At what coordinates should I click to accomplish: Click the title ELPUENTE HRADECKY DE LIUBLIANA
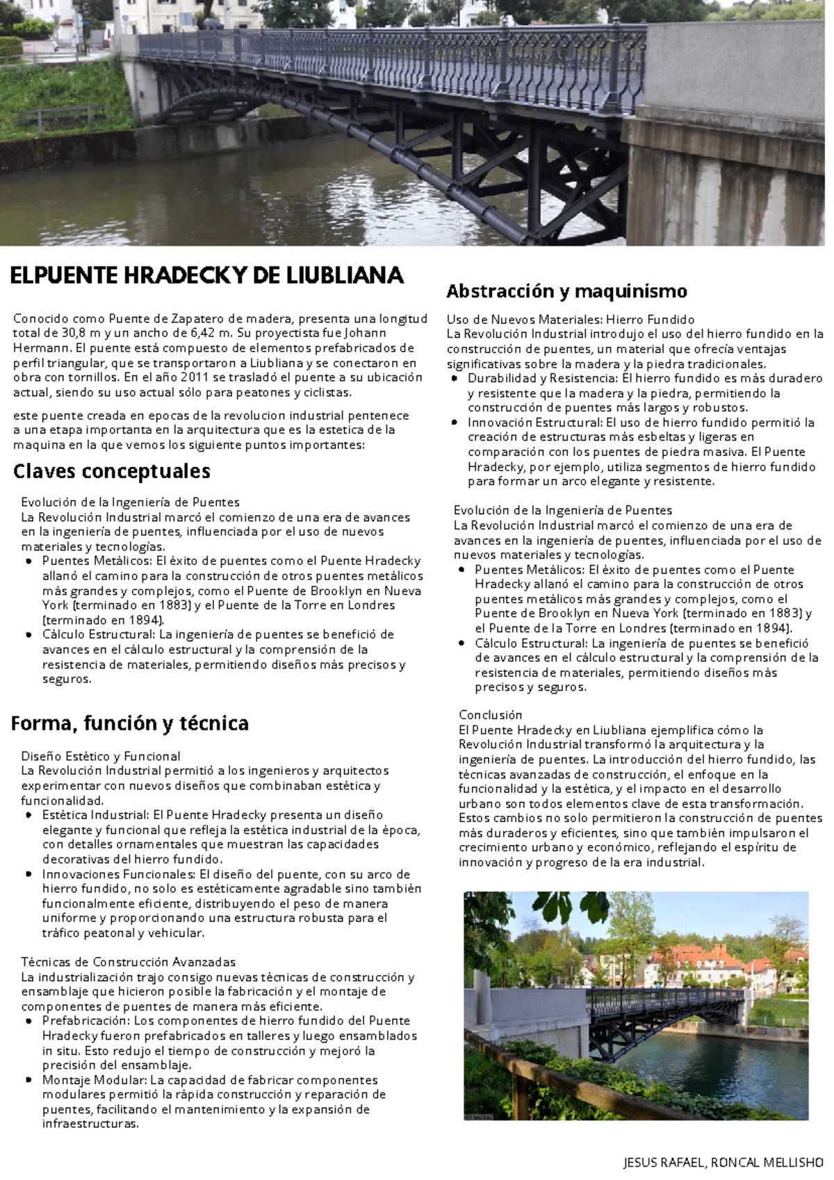pos(206,276)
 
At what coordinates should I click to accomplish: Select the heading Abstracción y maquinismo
pos(566,291)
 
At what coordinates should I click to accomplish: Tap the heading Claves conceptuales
pos(111,471)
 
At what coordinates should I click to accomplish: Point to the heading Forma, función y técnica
pos(130,723)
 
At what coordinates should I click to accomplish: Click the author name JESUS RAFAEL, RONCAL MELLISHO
pos(723,1162)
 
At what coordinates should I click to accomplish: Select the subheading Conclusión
pos(490,715)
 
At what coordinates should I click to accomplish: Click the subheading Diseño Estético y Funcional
pos(100,756)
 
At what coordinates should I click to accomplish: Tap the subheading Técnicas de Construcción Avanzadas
pos(128,962)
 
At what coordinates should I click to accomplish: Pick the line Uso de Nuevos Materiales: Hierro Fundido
pos(570,320)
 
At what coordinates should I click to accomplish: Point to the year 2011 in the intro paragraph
pos(193,377)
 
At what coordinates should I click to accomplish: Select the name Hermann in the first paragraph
pos(41,348)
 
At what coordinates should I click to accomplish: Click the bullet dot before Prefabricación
pos(28,1022)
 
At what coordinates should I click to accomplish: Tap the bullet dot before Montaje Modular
pos(28,1081)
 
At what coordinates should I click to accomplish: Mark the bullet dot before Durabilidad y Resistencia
pos(454,379)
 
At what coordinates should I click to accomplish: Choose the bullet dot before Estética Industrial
pos(28,815)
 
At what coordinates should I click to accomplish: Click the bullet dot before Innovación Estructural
pos(454,423)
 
